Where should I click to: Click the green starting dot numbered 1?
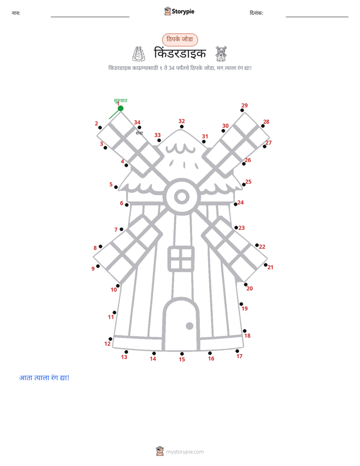click(x=121, y=108)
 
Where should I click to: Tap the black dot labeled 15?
click(x=182, y=354)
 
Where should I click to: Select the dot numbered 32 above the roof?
click(x=182, y=127)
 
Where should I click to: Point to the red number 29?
click(x=245, y=105)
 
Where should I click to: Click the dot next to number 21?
click(x=266, y=265)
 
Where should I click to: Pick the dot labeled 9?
click(x=98, y=266)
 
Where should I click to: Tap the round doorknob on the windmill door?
click(x=190, y=326)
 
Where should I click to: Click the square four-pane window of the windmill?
click(x=181, y=259)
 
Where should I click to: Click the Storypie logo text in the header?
click(x=183, y=12)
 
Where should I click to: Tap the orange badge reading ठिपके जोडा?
click(x=180, y=39)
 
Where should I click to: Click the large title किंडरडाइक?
click(x=180, y=53)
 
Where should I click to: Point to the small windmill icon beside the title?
click(x=221, y=53)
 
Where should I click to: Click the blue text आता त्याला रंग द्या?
click(x=44, y=378)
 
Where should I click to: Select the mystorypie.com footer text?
click(x=185, y=452)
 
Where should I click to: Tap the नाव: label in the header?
click(x=16, y=13)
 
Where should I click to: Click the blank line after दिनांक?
click(x=317, y=17)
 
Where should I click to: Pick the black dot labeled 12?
click(x=110, y=339)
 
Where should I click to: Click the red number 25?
click(x=248, y=182)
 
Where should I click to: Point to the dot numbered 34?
click(x=139, y=128)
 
